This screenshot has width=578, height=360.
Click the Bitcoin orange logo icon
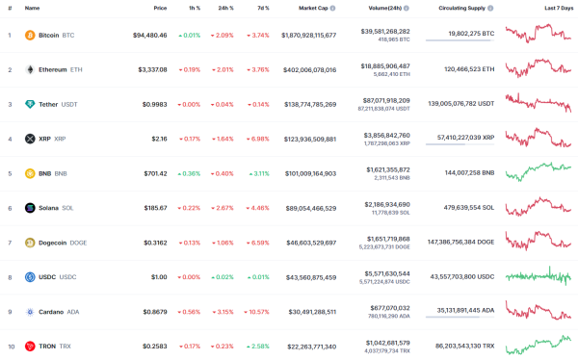click(29, 35)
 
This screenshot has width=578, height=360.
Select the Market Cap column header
click(317, 8)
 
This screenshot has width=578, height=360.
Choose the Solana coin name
click(48, 207)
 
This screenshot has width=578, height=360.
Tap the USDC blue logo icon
click(29, 276)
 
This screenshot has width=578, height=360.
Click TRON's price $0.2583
click(150, 346)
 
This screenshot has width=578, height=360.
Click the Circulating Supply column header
click(459, 8)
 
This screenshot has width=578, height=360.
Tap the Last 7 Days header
click(558, 8)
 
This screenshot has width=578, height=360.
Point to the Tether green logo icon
click(29, 104)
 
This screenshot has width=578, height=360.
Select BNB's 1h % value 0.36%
click(189, 173)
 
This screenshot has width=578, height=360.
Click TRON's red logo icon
click(29, 346)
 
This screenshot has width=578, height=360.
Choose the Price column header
click(159, 8)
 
